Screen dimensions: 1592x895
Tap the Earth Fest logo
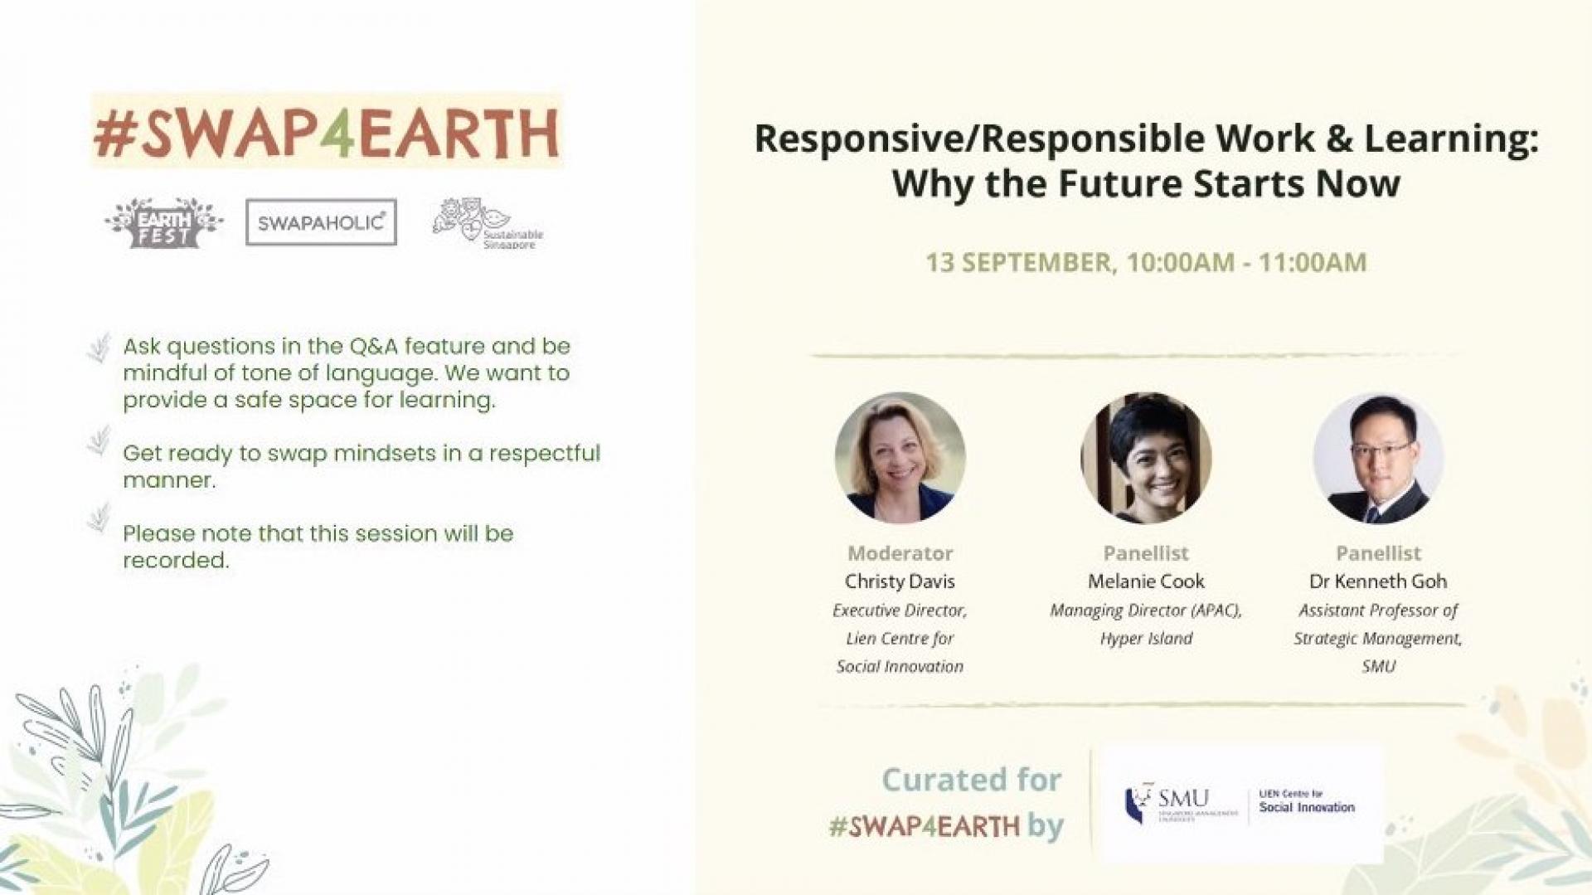[164, 222]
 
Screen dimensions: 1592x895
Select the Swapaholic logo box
[321, 222]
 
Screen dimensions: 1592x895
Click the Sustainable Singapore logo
[488, 223]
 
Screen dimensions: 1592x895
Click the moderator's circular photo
[900, 458]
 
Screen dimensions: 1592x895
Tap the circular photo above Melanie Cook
[1146, 458]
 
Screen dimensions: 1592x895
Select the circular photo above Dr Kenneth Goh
[1378, 458]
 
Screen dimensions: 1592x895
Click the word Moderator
[900, 553]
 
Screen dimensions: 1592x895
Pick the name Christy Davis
[900, 581]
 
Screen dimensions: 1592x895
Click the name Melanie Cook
[1146, 581]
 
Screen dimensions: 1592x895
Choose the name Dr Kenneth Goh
[1378, 581]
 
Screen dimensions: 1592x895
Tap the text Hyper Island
[1146, 639]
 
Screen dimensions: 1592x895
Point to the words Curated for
[971, 780]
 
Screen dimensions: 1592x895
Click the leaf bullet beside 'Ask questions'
[99, 348]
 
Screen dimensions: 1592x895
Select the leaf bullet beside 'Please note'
[99, 517]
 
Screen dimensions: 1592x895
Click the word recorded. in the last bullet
[176, 560]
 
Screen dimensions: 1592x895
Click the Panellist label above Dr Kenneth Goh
[1378, 553]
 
